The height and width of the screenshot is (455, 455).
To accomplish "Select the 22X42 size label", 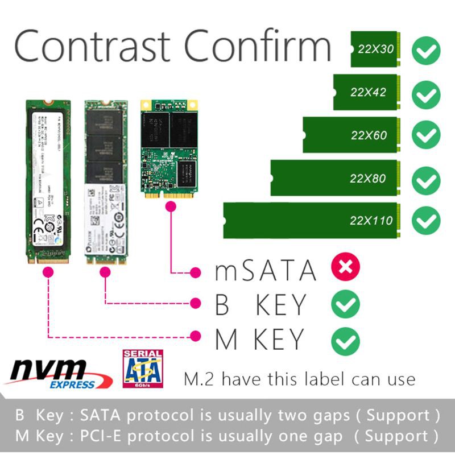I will coord(369,92).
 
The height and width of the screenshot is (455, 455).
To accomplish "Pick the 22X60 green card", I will coord(353,135).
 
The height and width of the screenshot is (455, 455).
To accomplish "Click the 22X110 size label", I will coord(372,220).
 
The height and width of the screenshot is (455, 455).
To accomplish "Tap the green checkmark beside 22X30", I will coord(426,51).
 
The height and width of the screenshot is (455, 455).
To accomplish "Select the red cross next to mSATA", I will coord(345,267).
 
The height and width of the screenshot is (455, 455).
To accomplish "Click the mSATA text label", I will coord(265,270).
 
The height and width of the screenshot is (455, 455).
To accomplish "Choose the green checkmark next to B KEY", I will coord(345,305).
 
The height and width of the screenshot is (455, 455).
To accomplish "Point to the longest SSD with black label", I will coord(49,181).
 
